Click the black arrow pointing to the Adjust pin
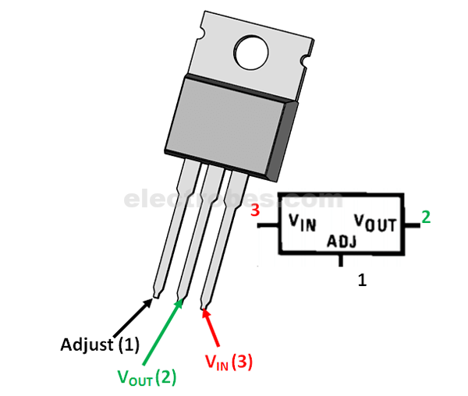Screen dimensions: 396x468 click(x=133, y=316)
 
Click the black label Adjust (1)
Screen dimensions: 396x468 click(x=99, y=344)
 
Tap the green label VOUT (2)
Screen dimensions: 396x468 click(x=147, y=377)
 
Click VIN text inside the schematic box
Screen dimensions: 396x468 click(x=302, y=223)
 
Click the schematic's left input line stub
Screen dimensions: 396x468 click(x=268, y=226)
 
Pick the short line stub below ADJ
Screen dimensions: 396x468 click(x=340, y=262)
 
